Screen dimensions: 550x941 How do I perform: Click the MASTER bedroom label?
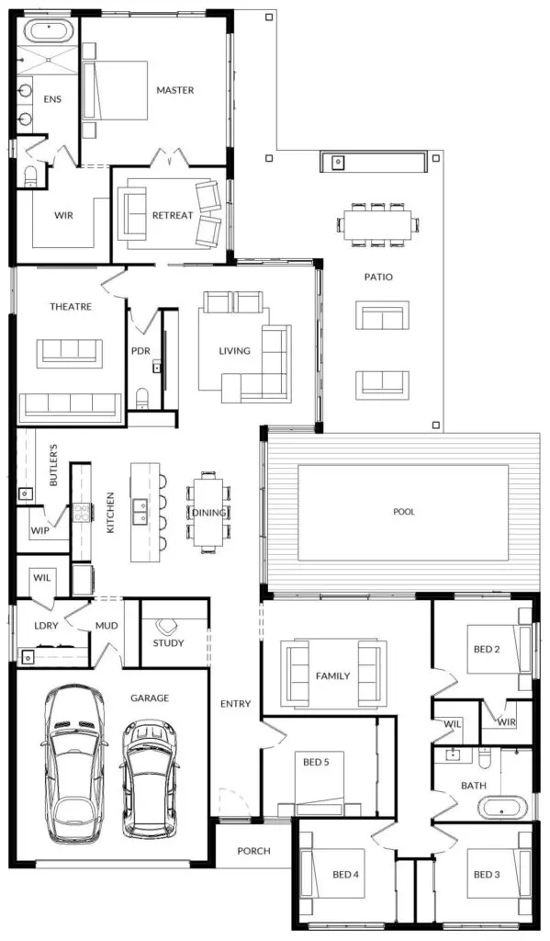point(175,90)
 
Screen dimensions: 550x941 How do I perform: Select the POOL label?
point(404,512)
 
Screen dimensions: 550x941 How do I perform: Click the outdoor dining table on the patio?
point(377,224)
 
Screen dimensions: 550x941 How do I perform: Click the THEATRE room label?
point(71,307)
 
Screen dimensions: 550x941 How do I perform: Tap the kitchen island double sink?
point(141,511)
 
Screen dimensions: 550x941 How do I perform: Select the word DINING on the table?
point(208,513)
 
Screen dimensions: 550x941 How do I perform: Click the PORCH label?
point(253,851)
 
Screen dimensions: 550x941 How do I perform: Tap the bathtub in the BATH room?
point(505,807)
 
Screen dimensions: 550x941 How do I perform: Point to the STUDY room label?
point(168,642)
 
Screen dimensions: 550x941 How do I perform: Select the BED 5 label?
point(316,762)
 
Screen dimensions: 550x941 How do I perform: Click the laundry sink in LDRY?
point(28,658)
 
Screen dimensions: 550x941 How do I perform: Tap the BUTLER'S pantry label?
point(53,466)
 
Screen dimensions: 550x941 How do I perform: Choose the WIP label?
point(39,530)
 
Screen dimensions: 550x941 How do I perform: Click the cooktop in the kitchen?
point(82,513)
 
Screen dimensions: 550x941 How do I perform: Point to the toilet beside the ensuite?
point(31,176)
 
